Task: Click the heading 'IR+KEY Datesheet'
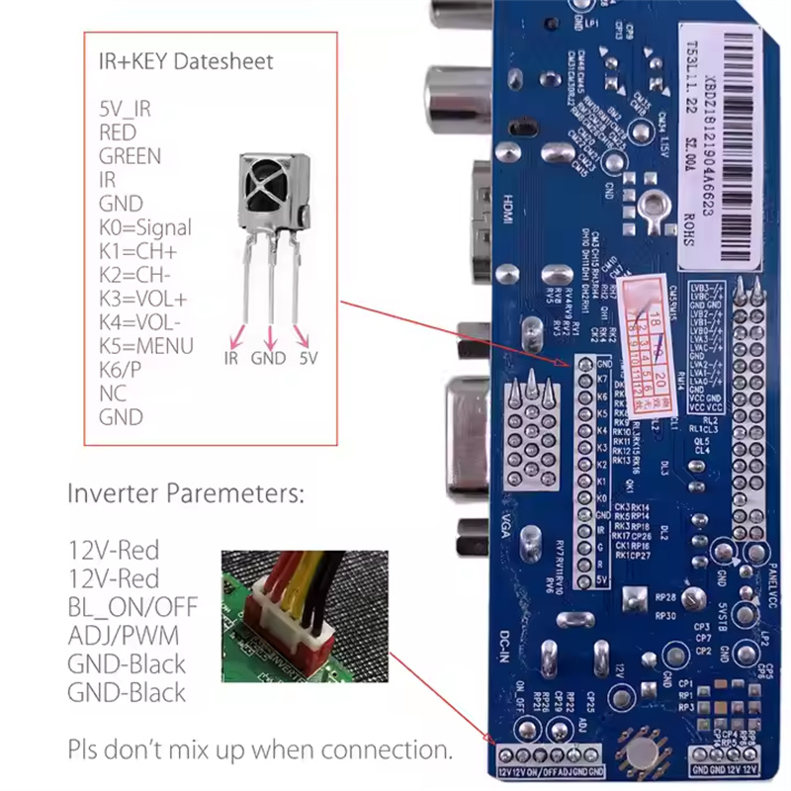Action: tap(186, 61)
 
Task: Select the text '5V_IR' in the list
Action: tap(126, 109)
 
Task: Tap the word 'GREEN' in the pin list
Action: tap(130, 156)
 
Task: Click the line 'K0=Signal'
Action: tap(145, 227)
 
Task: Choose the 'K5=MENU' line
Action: tap(146, 346)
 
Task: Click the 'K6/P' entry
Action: tap(121, 370)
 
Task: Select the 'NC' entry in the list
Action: tap(113, 394)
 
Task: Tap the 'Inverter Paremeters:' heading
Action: tap(186, 492)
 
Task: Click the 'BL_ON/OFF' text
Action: tap(132, 605)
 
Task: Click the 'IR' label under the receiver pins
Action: tap(231, 358)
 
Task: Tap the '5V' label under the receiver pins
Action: tap(308, 358)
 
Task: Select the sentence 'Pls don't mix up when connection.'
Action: tap(261, 748)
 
